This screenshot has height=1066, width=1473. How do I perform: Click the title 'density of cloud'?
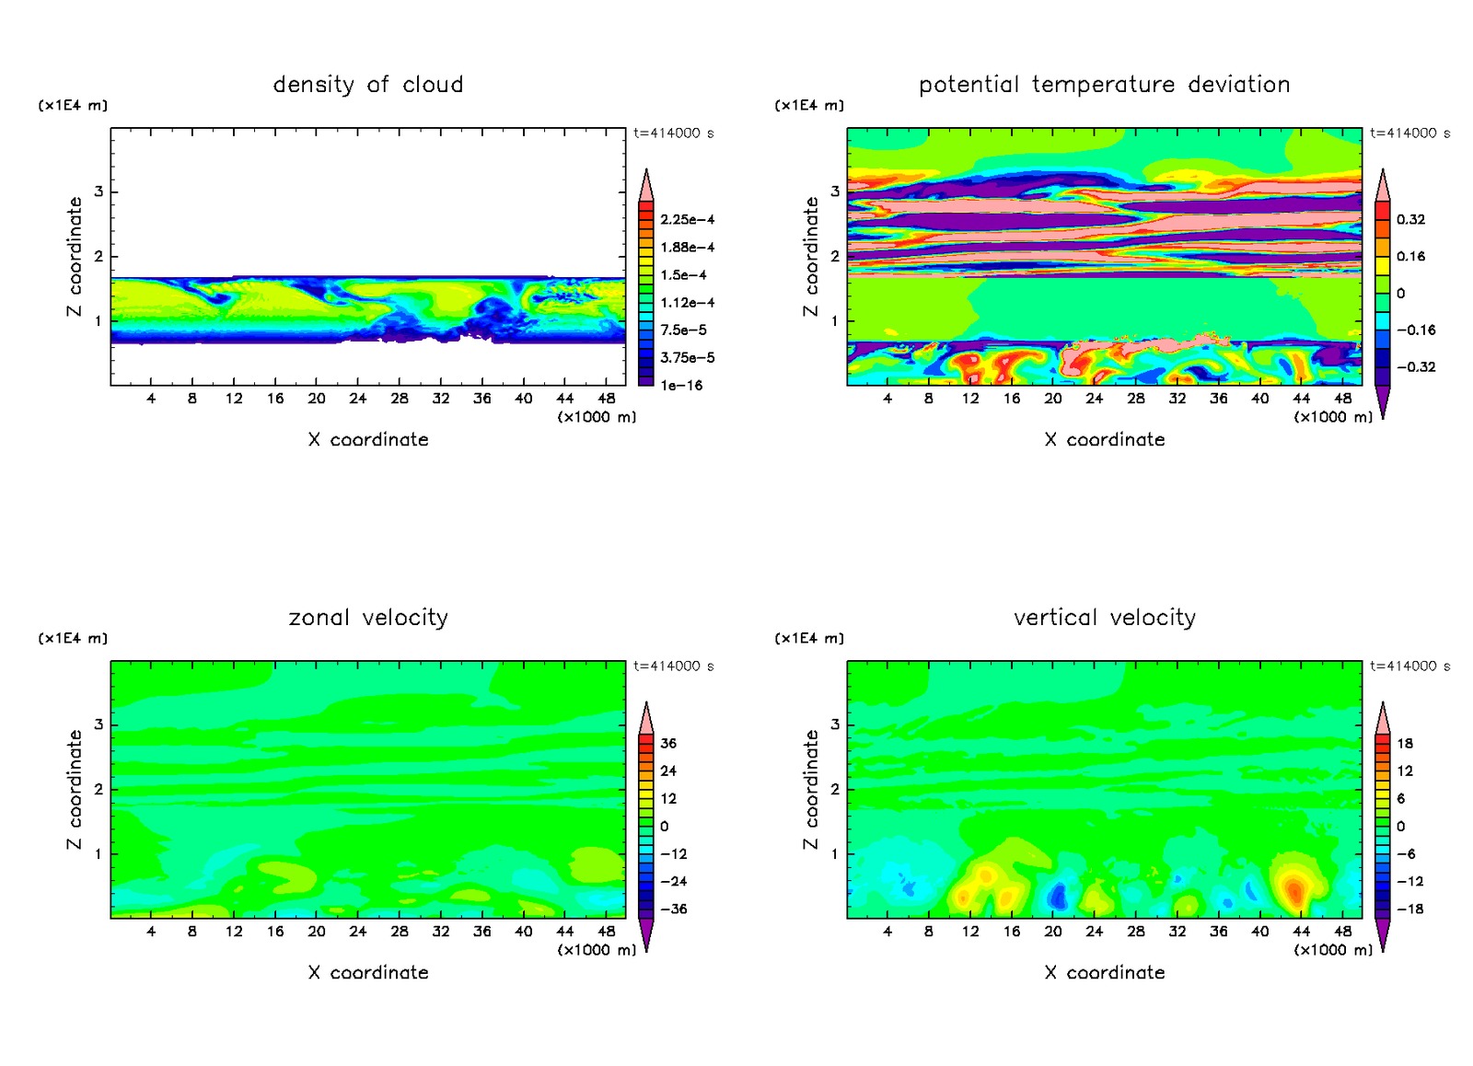pyautogui.click(x=368, y=85)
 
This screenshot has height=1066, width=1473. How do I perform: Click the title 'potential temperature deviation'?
pyautogui.click(x=1104, y=85)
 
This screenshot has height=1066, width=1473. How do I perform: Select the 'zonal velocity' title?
pyautogui.click(x=368, y=618)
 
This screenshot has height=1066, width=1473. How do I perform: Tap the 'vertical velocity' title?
pyautogui.click(x=1104, y=618)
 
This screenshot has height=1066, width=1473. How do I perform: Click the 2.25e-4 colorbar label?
pyautogui.click(x=687, y=220)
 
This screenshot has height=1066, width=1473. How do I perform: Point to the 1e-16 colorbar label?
pyautogui.click(x=681, y=386)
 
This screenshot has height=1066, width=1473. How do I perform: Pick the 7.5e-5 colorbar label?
pyautogui.click(x=683, y=330)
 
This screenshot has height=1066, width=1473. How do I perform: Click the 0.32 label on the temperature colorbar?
pyautogui.click(x=1410, y=220)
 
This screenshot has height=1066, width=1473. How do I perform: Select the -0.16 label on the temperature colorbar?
pyautogui.click(x=1416, y=330)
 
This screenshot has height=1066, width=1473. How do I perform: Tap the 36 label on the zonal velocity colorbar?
pyautogui.click(x=668, y=744)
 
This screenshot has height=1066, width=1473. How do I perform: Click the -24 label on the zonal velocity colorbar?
pyautogui.click(x=674, y=882)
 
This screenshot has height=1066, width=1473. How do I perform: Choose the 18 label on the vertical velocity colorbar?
pyautogui.click(x=1405, y=744)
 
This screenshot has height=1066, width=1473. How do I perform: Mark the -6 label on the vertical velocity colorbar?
pyautogui.click(x=1406, y=854)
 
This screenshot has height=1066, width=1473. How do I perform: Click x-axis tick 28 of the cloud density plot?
pyautogui.click(x=400, y=399)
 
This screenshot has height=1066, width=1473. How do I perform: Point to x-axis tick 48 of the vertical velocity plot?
pyautogui.click(x=1343, y=932)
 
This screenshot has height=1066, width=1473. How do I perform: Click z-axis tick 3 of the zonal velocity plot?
pyautogui.click(x=99, y=724)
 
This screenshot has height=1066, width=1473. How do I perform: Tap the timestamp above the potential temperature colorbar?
pyautogui.click(x=1409, y=133)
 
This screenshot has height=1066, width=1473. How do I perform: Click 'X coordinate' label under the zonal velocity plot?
pyautogui.click(x=368, y=973)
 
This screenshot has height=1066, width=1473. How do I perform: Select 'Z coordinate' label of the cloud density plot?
pyautogui.click(x=75, y=257)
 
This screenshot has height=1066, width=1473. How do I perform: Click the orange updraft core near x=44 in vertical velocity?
pyautogui.click(x=1294, y=889)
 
